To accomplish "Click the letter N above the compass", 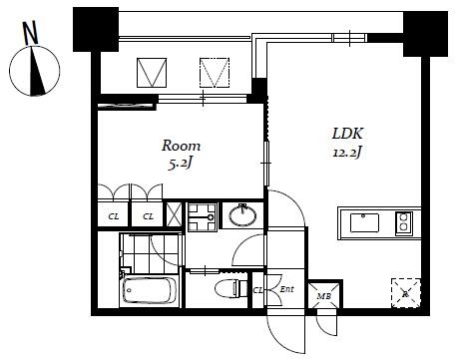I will click(31, 32).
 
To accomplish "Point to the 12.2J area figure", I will click(346, 153).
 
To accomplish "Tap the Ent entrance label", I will click(286, 290).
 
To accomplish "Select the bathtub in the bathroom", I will click(149, 291).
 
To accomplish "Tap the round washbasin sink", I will click(240, 215).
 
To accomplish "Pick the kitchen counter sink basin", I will click(365, 222).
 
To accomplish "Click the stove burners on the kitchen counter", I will click(404, 222).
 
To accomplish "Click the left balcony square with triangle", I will click(151, 72).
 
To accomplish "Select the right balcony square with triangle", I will click(215, 72).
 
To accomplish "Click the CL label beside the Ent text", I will click(259, 290).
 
